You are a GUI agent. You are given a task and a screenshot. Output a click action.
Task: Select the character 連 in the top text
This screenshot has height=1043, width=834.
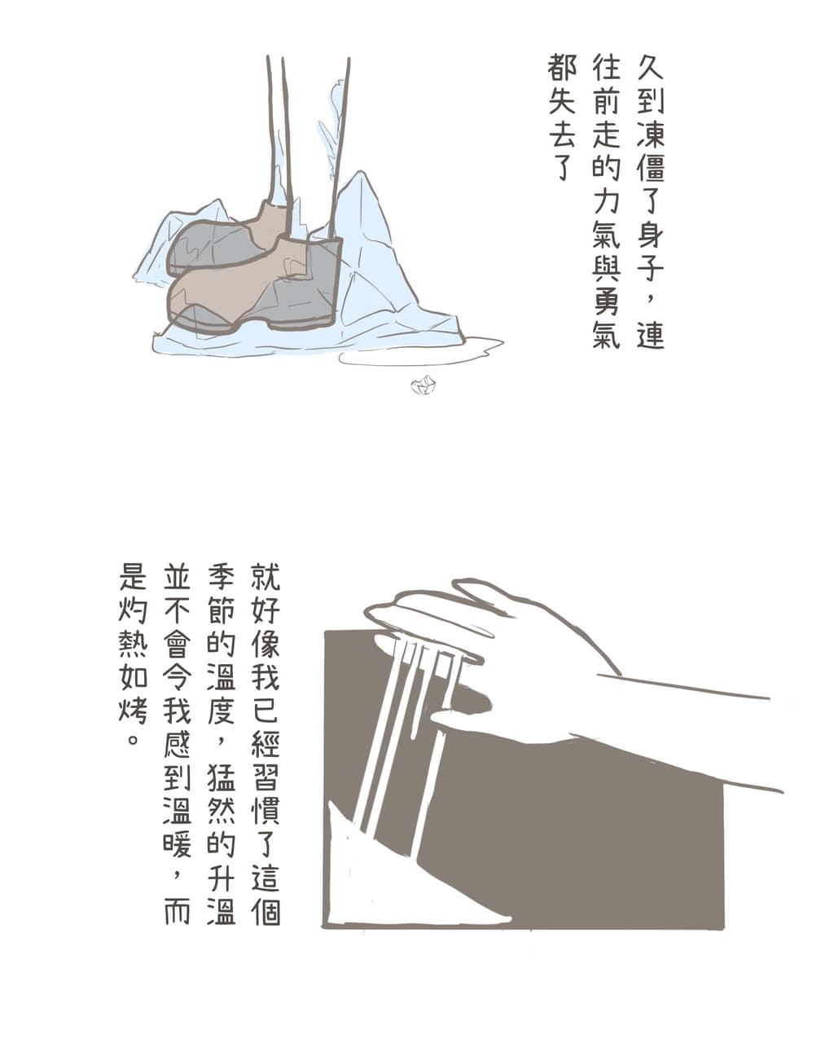coord(650,334)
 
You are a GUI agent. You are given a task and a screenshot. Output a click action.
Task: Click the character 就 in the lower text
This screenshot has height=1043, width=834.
coord(266,575)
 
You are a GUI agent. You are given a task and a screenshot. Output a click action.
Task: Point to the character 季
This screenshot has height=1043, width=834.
coord(221,575)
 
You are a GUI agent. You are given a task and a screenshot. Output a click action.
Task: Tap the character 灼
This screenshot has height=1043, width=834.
coord(133,609)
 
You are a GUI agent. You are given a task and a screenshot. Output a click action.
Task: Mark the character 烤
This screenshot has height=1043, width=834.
coord(133,709)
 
